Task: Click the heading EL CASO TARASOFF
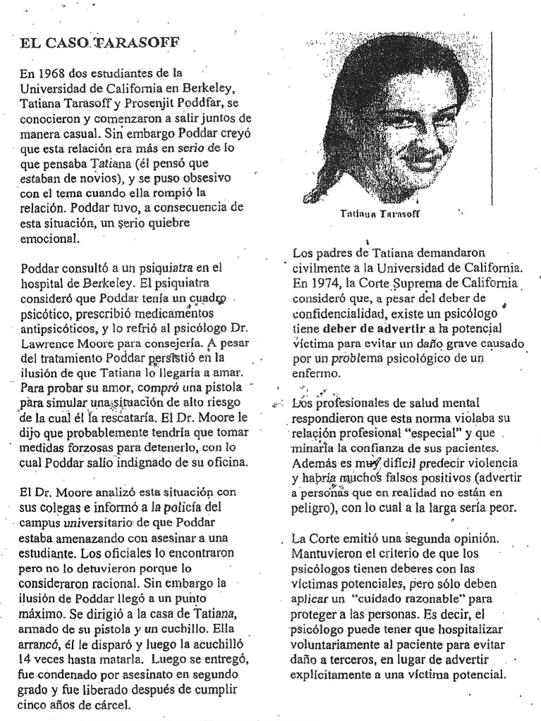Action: (99, 44)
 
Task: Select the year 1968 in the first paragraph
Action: (53, 73)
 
